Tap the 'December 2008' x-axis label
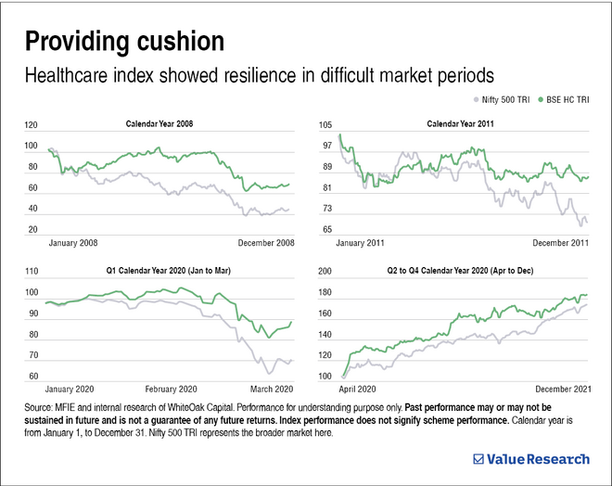point(263,243)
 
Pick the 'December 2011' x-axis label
point(559,243)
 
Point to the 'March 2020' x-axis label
point(271,389)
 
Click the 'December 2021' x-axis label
point(559,389)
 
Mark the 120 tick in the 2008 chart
point(32,125)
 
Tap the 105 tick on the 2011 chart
point(326,125)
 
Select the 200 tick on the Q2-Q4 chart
point(326,272)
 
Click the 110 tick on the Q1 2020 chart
point(32,272)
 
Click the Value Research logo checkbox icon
point(478,457)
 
